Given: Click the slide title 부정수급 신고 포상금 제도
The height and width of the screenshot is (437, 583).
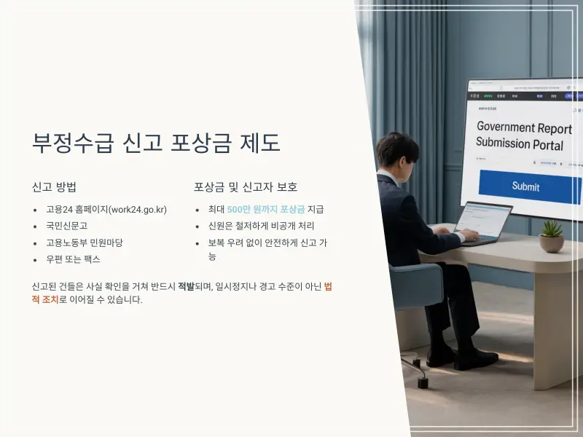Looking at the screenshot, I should point(157,142).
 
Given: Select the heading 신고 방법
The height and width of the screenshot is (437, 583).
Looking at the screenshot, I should point(55,186).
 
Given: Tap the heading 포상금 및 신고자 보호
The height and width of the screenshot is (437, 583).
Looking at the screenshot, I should point(246,186).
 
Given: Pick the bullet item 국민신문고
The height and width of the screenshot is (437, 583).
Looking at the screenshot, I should point(66,226).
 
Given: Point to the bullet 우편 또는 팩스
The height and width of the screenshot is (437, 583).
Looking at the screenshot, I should point(73,259).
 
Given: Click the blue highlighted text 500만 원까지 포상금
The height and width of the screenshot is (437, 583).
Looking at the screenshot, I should point(265,210).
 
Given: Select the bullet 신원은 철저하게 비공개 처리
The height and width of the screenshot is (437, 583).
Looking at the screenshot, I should point(261,226).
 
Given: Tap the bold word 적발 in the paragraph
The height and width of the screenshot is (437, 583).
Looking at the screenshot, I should point(186,286).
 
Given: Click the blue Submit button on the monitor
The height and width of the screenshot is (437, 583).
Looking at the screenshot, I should point(525,186).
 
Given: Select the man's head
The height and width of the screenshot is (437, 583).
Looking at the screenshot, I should point(396,151).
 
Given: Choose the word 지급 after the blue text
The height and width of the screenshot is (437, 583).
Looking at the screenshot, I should point(316,210).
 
